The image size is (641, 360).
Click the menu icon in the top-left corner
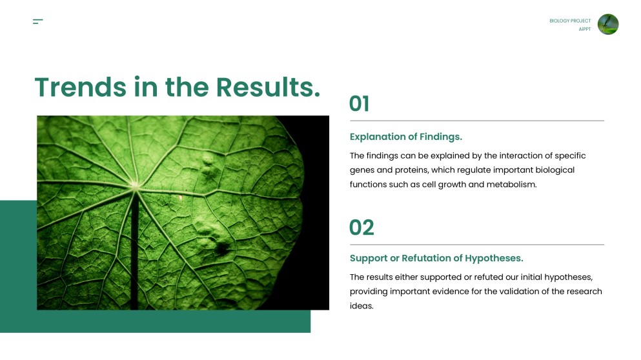point(37,21)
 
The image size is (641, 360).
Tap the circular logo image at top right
point(608,24)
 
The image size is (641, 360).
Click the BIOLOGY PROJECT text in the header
point(570,21)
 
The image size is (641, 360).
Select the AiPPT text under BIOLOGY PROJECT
point(585,29)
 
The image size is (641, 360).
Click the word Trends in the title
point(81,87)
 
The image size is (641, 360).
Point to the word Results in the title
point(268,87)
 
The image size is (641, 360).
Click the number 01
point(360,103)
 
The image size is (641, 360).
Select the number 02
point(361,227)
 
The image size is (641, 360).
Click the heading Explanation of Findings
point(406,137)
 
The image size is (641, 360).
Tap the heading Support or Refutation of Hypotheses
point(436,258)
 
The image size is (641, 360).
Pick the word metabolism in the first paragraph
point(511,185)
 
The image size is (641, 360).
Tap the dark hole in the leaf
point(222,248)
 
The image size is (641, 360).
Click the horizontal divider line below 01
point(476,121)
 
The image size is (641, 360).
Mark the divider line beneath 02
point(476,245)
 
